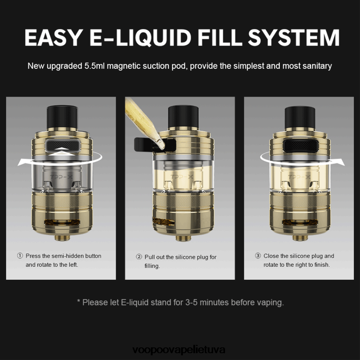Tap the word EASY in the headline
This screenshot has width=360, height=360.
[x=53, y=38]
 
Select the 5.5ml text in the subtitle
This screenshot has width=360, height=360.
[x=95, y=66]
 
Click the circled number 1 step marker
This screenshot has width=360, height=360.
[x=20, y=256]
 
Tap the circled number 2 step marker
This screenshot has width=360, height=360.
[x=139, y=257]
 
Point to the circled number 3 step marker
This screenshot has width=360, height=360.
[x=258, y=256]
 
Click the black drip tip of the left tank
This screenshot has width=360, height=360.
[x=62, y=117]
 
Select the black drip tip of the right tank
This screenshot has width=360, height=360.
[x=300, y=117]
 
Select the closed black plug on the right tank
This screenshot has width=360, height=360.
[x=301, y=145]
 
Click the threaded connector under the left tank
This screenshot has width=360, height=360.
[x=62, y=238]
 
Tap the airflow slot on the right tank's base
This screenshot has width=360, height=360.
[x=300, y=222]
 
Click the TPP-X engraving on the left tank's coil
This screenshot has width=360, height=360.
[x=61, y=177]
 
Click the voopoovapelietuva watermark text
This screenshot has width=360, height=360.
[x=179, y=350]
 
